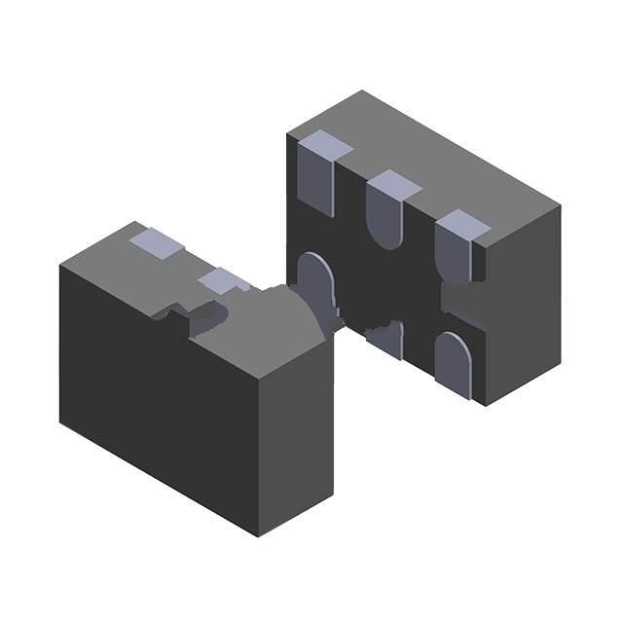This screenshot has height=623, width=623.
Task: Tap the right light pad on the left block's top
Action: pos(225,281)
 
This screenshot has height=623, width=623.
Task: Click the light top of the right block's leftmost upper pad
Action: pos(324,145)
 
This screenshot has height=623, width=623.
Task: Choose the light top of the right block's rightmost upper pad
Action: pos(463,224)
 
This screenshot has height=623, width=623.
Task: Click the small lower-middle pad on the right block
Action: pos(387,340)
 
